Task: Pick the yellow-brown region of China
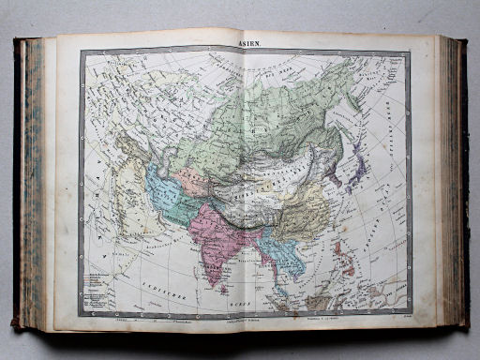[301, 215]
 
